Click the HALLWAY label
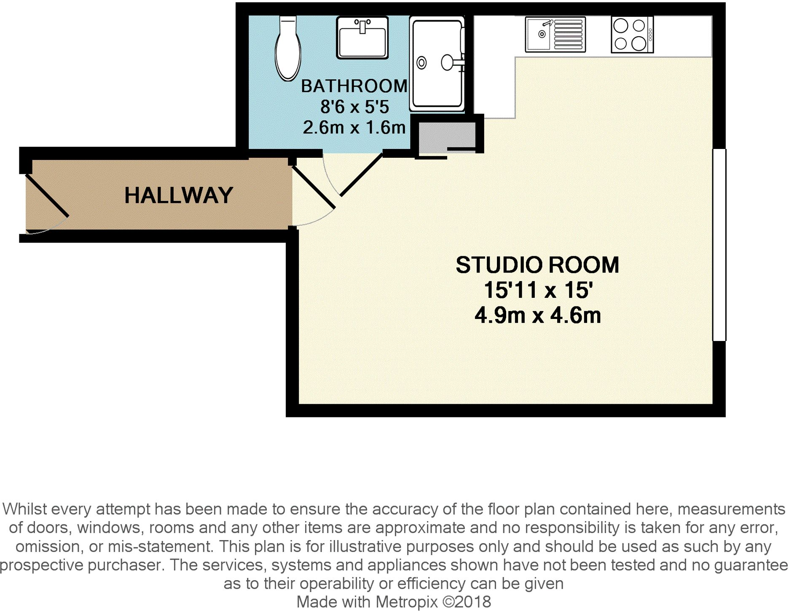pyautogui.click(x=179, y=195)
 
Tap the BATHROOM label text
pyautogui.click(x=354, y=86)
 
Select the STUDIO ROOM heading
pyautogui.click(x=537, y=265)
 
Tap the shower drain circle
pyautogui.click(x=421, y=63)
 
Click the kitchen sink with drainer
pyautogui.click(x=555, y=35)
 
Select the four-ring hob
pyautogui.click(x=631, y=35)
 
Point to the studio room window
pyautogui.click(x=719, y=245)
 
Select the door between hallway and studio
pyautogui.click(x=314, y=188)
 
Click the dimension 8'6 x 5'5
pyautogui.click(x=354, y=107)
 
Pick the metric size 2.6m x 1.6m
pyautogui.click(x=354, y=127)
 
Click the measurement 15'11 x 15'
pyautogui.click(x=538, y=290)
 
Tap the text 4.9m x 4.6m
pyautogui.click(x=538, y=316)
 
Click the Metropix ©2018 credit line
pyautogui.click(x=394, y=602)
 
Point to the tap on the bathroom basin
pyautogui.click(x=362, y=26)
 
